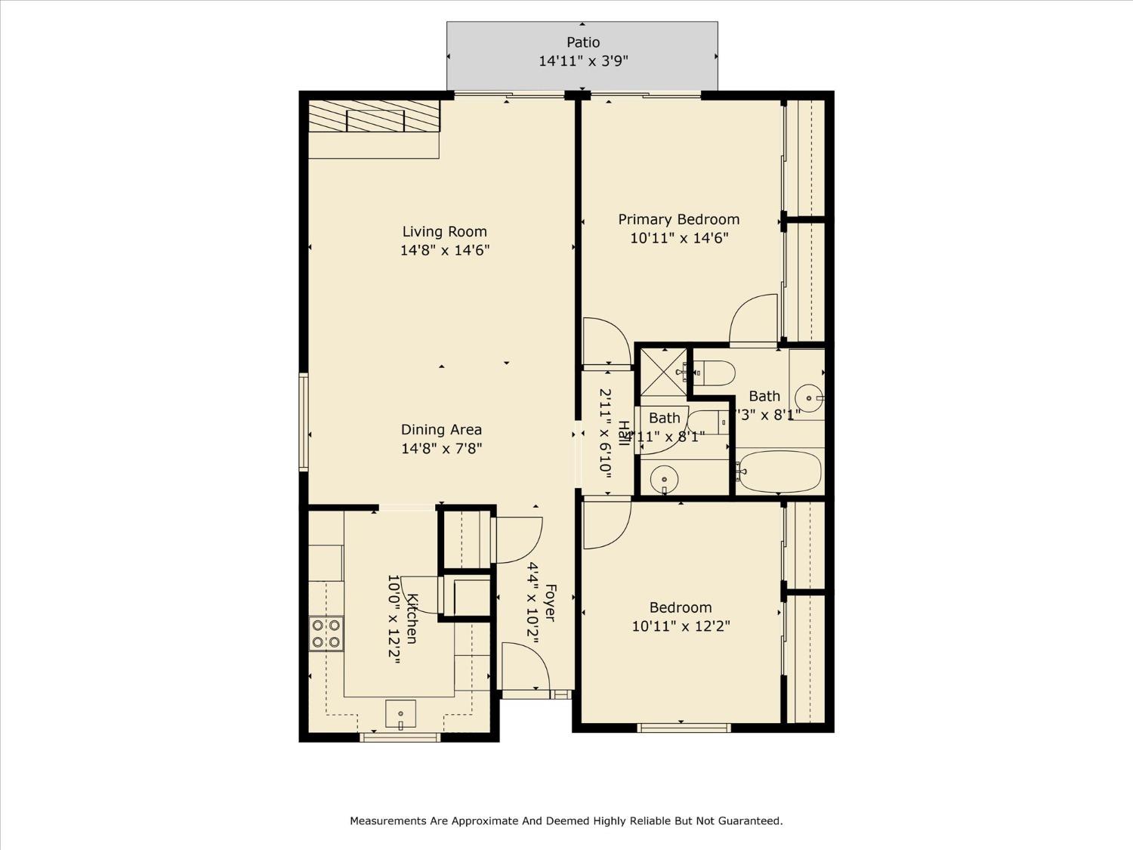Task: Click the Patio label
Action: [x=583, y=42]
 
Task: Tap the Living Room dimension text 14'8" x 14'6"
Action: [x=445, y=250]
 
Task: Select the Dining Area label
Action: [x=441, y=430]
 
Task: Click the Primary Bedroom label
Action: [x=678, y=220]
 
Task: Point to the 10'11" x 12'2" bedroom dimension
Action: [x=681, y=626]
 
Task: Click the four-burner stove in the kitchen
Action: [x=326, y=633]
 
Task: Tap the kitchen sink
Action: [x=400, y=713]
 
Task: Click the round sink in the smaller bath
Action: [x=665, y=478]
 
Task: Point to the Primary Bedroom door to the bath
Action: [x=754, y=319]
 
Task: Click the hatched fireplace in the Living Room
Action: [x=374, y=116]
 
